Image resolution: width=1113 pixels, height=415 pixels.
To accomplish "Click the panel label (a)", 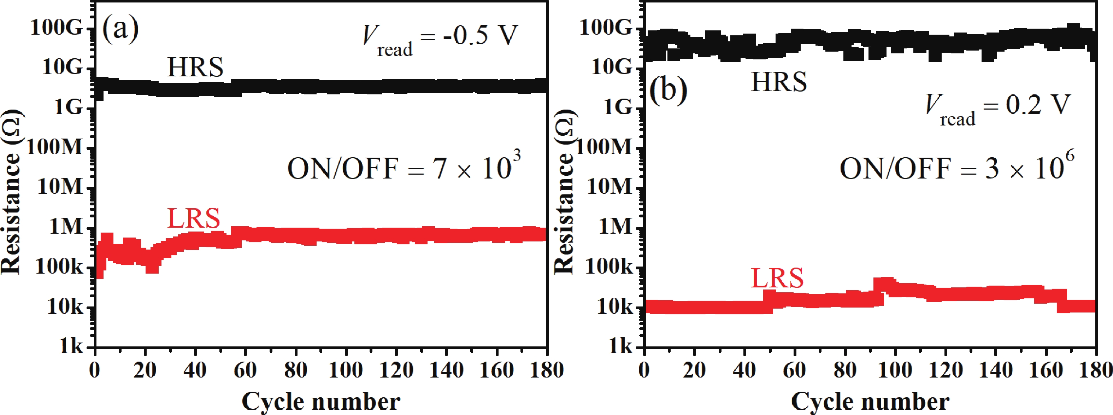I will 120,29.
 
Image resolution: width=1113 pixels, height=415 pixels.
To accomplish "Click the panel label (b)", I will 669,91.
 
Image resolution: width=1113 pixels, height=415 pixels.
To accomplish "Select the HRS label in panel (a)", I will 195,68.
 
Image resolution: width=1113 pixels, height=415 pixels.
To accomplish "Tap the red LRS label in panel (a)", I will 194,218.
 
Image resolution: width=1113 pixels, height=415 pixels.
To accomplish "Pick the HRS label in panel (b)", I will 779,82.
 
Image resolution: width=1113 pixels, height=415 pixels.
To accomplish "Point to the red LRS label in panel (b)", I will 777,278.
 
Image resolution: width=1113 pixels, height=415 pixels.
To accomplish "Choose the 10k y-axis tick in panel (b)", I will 614,306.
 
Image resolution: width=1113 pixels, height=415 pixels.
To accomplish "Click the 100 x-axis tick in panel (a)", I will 346,370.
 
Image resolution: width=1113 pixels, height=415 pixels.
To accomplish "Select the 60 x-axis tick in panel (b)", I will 794,370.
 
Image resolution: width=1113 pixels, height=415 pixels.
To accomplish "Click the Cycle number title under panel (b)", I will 870,401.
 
